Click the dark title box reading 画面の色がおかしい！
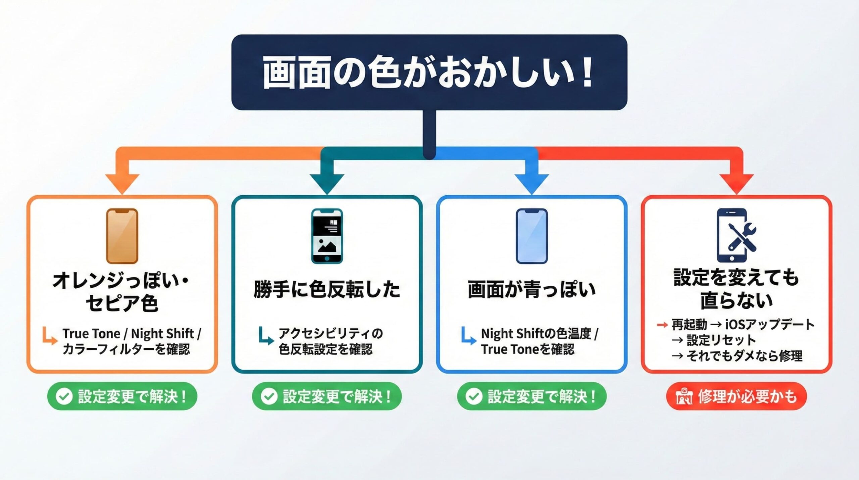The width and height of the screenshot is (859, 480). (429, 72)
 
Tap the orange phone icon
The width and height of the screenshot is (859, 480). (122, 236)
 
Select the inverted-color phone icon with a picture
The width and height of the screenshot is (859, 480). (327, 236)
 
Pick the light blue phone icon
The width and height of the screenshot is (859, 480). (532, 236)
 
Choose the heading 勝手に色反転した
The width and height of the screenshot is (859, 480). (327, 289)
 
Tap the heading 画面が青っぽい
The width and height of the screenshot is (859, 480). (532, 289)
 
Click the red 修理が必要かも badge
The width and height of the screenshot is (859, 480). (737, 396)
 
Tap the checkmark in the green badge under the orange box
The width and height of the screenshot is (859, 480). (64, 396)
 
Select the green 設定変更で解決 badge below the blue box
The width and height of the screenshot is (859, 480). (532, 396)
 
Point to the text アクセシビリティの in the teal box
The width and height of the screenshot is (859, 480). (331, 333)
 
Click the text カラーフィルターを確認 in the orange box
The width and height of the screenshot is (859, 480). (126, 349)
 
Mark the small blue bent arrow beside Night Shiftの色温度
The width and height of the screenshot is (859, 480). (468, 336)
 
